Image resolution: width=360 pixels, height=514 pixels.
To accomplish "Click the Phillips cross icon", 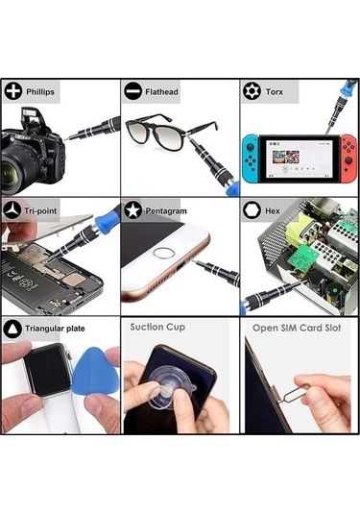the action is tap(13, 91).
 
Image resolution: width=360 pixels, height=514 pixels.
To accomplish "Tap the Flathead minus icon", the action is tap(132, 91).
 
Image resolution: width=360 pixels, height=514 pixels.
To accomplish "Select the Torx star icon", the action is tap(252, 91).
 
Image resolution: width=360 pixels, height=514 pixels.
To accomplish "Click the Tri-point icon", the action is tap(12, 210).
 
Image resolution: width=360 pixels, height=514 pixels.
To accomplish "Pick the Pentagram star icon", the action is tap(132, 210).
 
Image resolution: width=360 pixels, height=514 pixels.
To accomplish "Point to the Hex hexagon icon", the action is tap(252, 210).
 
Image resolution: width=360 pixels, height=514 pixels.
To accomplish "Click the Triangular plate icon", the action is tap(12, 329).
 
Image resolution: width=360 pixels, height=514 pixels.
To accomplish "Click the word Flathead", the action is tap(161, 92).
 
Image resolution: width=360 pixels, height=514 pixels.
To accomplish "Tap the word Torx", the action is tap(275, 92).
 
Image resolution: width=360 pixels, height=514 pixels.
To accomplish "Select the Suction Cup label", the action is tap(157, 328).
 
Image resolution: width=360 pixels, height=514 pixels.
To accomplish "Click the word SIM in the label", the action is tap(289, 328).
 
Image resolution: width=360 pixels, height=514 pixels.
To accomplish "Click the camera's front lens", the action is tap(17, 168).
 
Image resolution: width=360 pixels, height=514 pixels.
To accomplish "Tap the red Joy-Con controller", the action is tap(348, 159).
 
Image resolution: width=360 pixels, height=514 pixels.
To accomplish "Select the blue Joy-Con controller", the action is tap(251, 159).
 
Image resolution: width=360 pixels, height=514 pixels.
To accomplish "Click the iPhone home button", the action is tap(163, 254).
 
